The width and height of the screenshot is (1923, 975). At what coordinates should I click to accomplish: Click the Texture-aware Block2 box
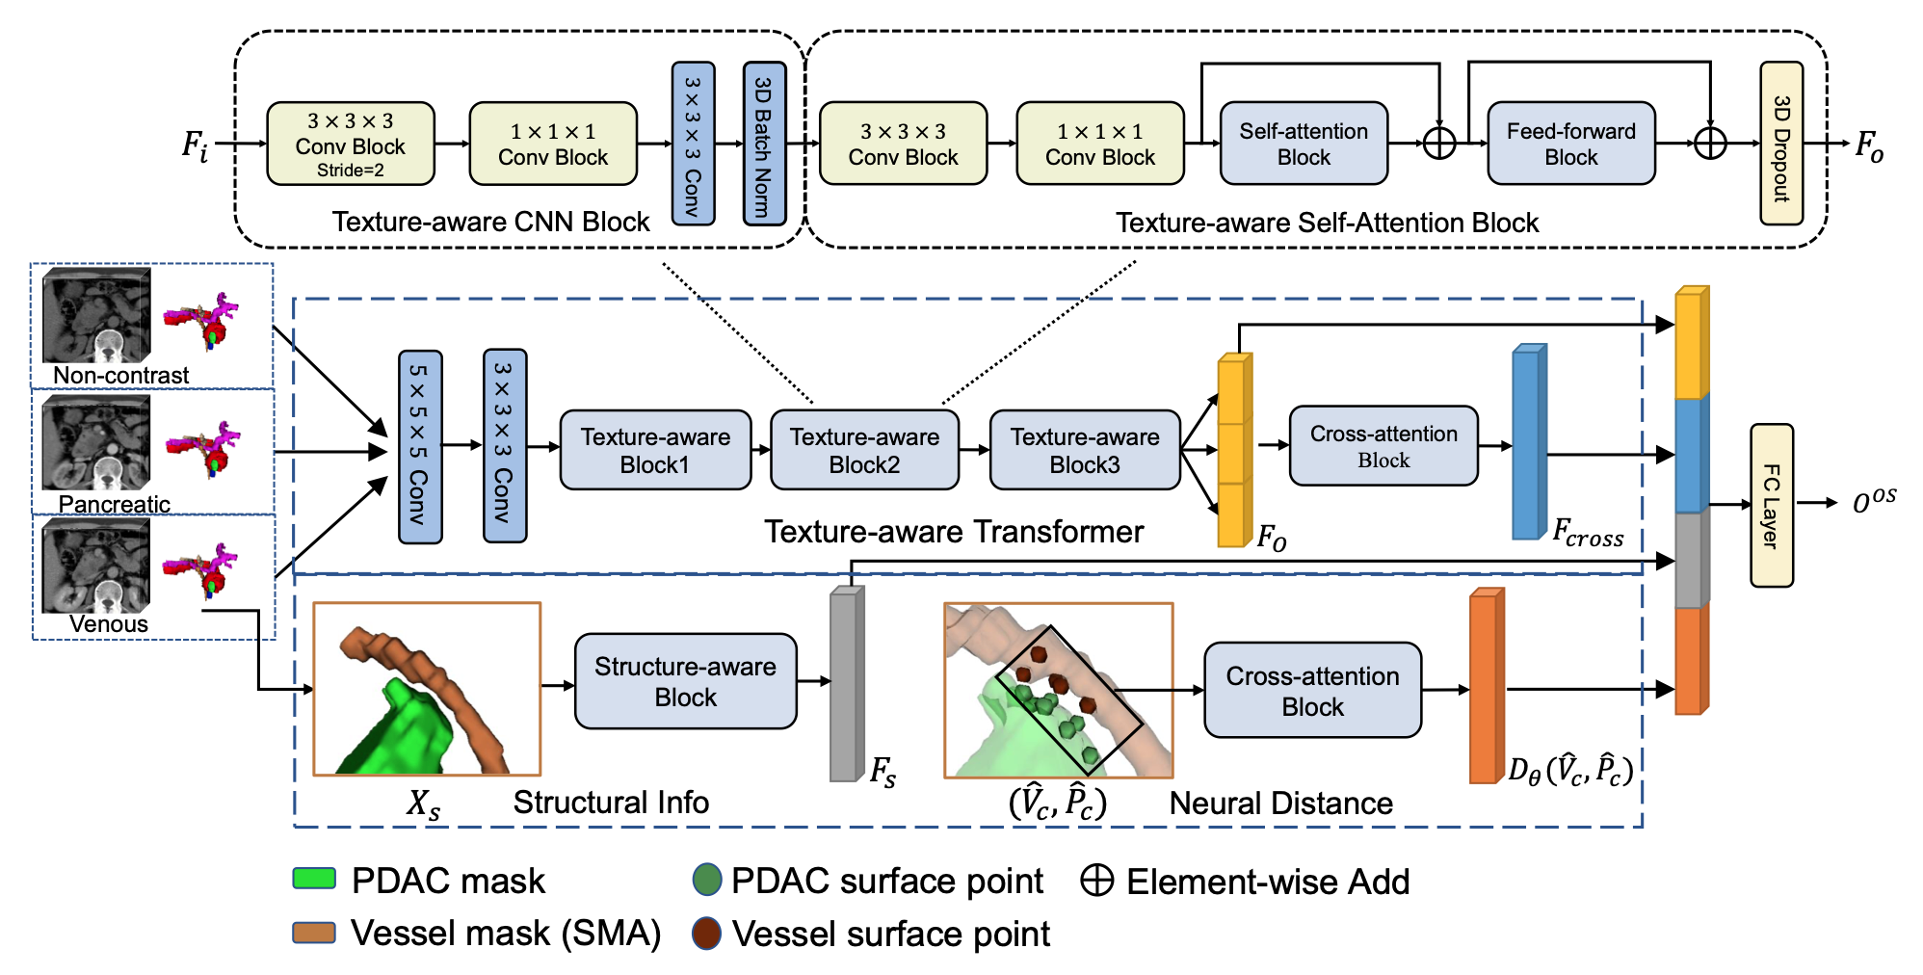coord(864,450)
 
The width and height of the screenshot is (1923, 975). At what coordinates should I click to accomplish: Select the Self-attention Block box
coord(1303,144)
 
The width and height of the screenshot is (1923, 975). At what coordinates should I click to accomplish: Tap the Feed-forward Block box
coord(1570,144)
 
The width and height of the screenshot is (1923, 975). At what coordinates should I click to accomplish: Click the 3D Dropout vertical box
coord(1780,144)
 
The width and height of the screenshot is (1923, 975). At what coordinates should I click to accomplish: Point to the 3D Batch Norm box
coord(764,144)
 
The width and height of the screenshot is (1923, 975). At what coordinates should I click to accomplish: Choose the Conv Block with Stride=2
coord(350,144)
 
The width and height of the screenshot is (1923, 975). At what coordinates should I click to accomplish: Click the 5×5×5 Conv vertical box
coord(420,447)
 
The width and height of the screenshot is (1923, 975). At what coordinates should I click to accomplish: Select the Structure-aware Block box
coord(685,681)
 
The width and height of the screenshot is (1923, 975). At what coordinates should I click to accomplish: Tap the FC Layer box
coord(1771,505)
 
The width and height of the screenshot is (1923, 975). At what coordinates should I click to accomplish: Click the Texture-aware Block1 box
coord(655,450)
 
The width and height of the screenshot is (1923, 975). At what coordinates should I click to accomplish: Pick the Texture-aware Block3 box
coord(1084,450)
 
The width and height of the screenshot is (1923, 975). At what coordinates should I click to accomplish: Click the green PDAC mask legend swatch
coord(314,879)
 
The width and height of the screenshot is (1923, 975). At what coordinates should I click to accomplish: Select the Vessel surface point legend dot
coord(706,933)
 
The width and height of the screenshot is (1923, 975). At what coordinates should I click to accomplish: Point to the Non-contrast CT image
coord(96,315)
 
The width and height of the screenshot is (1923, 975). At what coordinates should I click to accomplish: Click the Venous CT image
coord(96,566)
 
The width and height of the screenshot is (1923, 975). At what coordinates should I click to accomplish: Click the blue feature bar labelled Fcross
coord(1527,442)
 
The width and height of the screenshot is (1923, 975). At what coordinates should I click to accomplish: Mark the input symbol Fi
coord(195,145)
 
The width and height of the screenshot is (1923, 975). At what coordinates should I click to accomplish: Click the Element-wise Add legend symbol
coord(1096,880)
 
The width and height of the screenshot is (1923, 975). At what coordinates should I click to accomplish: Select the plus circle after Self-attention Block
coord(1438,144)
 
